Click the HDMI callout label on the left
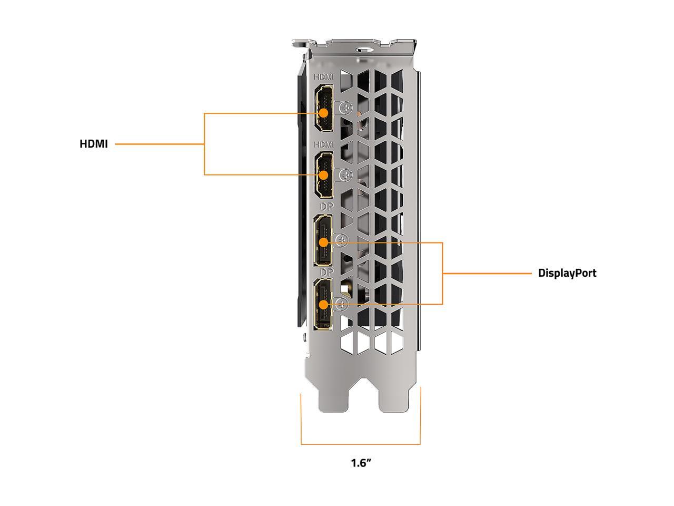tap(93, 143)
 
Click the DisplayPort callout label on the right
tap(567, 273)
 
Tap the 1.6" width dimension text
tap(361, 463)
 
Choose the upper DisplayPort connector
tap(323, 241)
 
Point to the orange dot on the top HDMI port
tap(324, 113)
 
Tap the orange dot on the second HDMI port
tap(324, 175)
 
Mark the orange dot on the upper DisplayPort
tap(323, 242)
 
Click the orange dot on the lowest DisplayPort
tap(323, 304)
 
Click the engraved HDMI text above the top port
tap(324, 77)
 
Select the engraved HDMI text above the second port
tap(324, 144)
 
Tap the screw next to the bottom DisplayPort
tap(342, 303)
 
